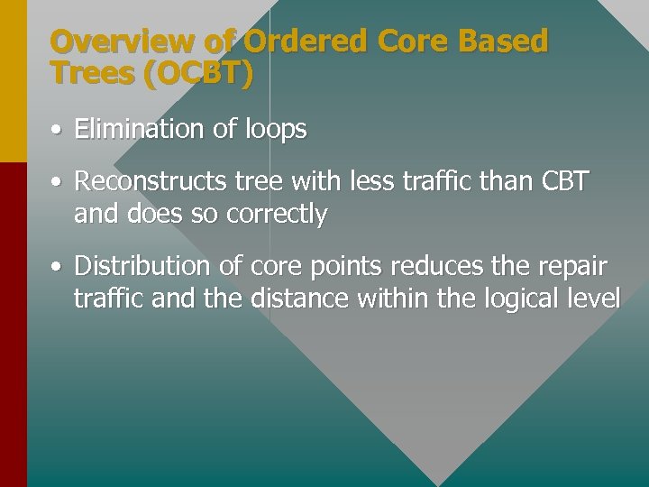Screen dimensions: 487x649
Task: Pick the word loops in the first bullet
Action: click(274, 130)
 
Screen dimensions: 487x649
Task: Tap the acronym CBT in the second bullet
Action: click(564, 181)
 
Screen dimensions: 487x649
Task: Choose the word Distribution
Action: click(143, 266)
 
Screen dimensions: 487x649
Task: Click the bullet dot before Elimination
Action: click(56, 131)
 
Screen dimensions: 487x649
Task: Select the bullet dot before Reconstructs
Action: click(56, 183)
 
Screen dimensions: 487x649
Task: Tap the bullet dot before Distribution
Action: click(56, 268)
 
